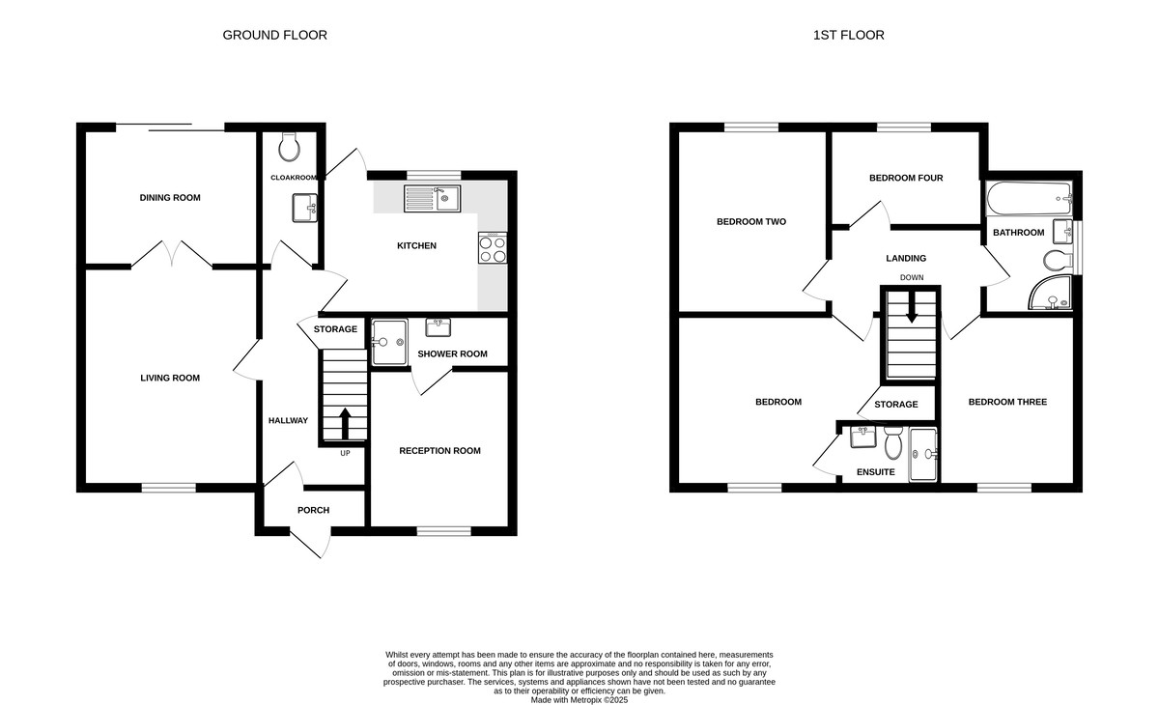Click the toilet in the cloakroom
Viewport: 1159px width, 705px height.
289,147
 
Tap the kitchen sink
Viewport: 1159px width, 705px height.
433,199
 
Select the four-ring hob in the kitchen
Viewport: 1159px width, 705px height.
493,248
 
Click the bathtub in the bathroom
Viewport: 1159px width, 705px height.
1030,199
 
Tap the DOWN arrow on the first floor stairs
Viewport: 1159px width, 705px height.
911,307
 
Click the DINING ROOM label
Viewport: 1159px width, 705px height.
170,198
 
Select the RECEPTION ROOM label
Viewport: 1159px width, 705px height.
439,451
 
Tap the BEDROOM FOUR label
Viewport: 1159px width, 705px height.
906,178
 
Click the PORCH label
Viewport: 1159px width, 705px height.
313,511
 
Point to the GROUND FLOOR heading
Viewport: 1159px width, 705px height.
274,35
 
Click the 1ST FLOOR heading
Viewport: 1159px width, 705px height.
849,35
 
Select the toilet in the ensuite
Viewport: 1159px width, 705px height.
892,443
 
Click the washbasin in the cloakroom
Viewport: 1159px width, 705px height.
305,208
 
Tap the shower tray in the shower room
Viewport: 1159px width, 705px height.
389,342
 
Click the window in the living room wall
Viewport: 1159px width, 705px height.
169,488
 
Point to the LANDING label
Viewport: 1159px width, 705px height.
906,258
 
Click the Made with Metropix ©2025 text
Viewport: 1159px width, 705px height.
579,700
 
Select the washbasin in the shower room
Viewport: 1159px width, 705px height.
438,327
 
